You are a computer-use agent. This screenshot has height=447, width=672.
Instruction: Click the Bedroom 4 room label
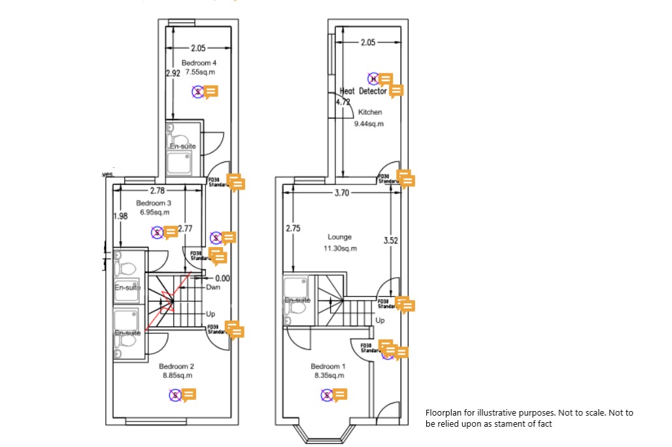[199, 63]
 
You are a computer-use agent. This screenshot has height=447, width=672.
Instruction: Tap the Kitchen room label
[369, 112]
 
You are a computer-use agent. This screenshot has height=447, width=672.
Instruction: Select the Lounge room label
[340, 237]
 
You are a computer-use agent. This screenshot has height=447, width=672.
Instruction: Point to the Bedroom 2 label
[176, 367]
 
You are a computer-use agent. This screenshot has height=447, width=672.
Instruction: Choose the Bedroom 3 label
[154, 203]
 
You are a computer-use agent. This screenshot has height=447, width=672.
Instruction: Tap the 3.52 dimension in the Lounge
[391, 240]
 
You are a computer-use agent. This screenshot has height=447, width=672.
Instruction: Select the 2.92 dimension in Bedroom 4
[173, 74]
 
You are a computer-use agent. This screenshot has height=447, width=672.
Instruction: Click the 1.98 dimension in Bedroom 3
[120, 216]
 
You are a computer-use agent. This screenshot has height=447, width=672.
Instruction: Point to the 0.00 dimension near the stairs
[222, 278]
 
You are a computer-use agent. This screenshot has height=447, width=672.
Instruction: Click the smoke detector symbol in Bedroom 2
[175, 395]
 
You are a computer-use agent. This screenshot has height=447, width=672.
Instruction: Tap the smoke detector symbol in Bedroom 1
[327, 395]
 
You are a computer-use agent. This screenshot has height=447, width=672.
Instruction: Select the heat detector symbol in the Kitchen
[373, 79]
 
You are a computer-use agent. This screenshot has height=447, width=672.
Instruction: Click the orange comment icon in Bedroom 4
[211, 92]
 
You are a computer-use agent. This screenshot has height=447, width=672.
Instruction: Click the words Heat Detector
[363, 91]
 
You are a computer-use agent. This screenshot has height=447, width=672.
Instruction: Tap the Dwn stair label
[212, 288]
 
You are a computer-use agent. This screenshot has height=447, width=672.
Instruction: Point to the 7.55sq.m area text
[199, 72]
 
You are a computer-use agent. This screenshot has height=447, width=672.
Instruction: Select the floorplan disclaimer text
[529, 418]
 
